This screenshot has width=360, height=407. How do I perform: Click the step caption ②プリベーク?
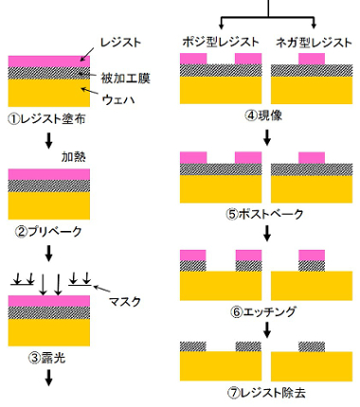pos(50,231)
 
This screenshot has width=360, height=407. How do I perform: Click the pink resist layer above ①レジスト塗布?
pos(49,62)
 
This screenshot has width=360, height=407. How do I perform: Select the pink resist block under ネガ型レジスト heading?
pos(311,59)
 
